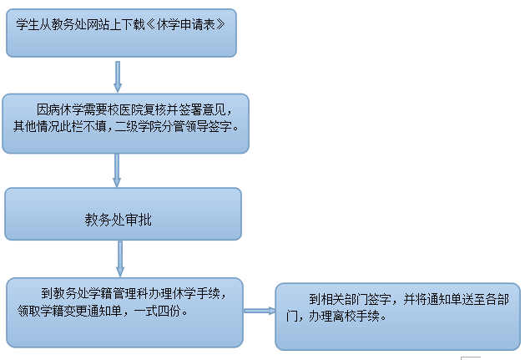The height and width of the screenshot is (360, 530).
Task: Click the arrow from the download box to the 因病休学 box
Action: (x=118, y=77)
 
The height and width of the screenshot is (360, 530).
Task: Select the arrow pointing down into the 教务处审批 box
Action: (x=118, y=170)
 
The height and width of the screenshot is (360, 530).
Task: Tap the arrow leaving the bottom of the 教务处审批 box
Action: (x=119, y=259)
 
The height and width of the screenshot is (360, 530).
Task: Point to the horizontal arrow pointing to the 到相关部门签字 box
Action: (x=259, y=310)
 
